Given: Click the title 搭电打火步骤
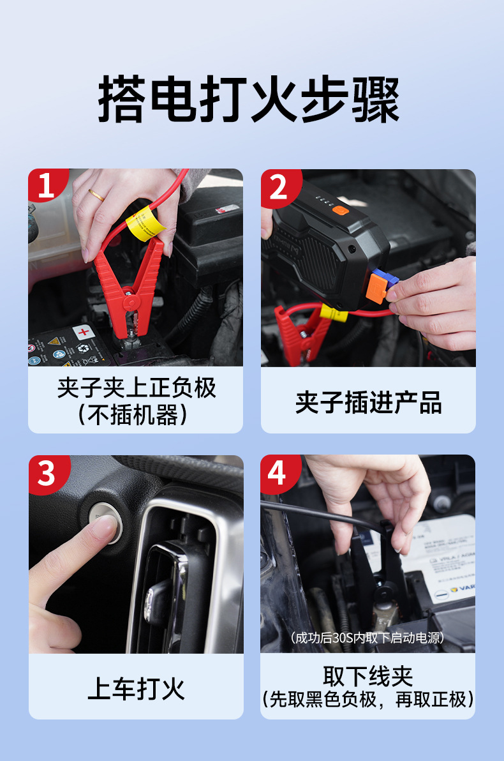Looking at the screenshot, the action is tap(249, 98).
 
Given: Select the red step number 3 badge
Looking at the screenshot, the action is tap(48, 472).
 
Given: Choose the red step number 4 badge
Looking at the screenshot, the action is tap(279, 472).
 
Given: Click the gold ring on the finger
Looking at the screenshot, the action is tap(96, 195).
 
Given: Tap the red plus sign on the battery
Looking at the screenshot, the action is tap(84, 332).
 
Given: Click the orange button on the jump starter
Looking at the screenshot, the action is tap(340, 210).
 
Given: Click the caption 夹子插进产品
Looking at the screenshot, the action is tap(368, 402).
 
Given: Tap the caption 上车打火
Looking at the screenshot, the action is tap(136, 688).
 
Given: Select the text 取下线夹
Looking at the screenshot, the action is tap(367, 675).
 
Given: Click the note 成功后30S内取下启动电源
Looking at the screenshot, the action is tap(367, 638).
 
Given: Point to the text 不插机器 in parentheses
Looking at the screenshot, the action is tap(133, 415).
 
